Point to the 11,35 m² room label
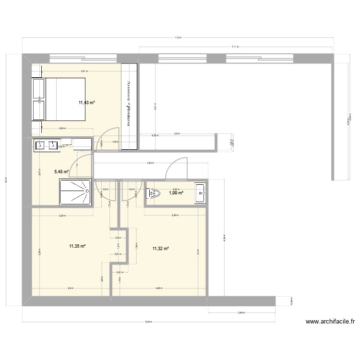pyautogui.click(x=77, y=246)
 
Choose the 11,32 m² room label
pyautogui.click(x=161, y=248)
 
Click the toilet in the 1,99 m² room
pyautogui.click(x=155, y=193)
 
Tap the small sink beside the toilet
pyautogui.click(x=200, y=192)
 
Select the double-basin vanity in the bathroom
pyautogui.click(x=47, y=144)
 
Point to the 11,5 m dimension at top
pyautogui.click(x=178, y=37)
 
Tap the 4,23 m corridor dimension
pyautogui.click(x=150, y=164)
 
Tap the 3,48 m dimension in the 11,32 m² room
pyautogui.click(x=159, y=288)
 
